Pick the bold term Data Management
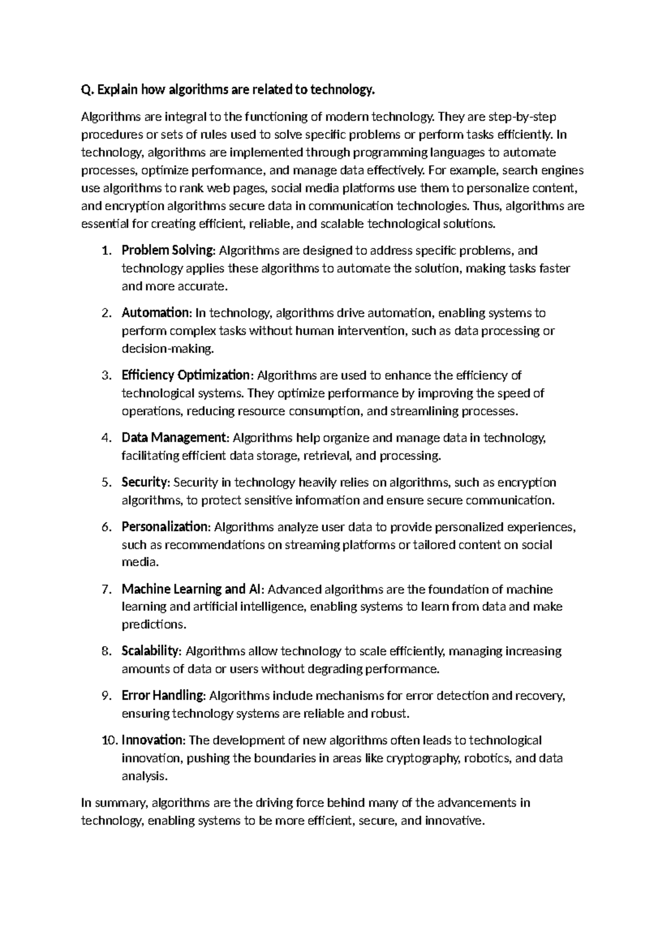[x=174, y=438]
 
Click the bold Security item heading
[x=144, y=482]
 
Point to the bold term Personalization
[x=165, y=527]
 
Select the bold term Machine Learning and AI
[x=191, y=589]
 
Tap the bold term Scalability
[x=150, y=651]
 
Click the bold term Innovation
[x=152, y=741]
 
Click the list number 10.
[x=110, y=741]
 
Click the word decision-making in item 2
[x=167, y=349]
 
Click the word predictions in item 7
[x=154, y=624]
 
